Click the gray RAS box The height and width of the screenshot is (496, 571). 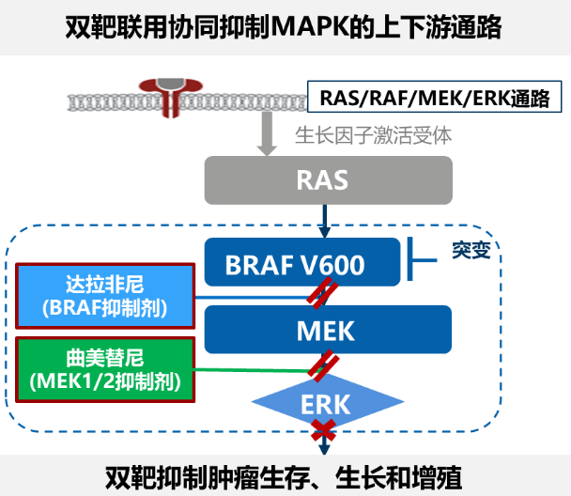329,179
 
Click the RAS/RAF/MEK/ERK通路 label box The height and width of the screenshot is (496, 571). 435,97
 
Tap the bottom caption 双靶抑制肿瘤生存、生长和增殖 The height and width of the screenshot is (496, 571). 285,475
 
